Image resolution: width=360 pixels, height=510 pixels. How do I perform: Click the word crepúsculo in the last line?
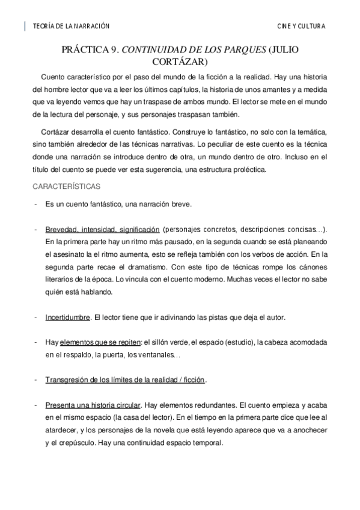tap(87, 443)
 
